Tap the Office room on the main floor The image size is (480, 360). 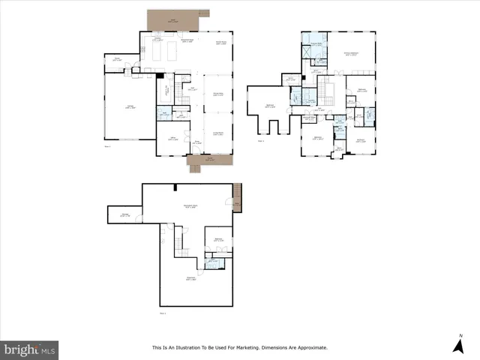[x=171, y=138]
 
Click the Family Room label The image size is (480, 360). [x=222, y=42]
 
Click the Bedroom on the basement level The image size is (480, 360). [x=219, y=240]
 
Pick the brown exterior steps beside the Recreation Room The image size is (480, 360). [x=237, y=197]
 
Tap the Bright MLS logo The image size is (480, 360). [x=30, y=349]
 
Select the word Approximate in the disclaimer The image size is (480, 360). [x=314, y=347]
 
